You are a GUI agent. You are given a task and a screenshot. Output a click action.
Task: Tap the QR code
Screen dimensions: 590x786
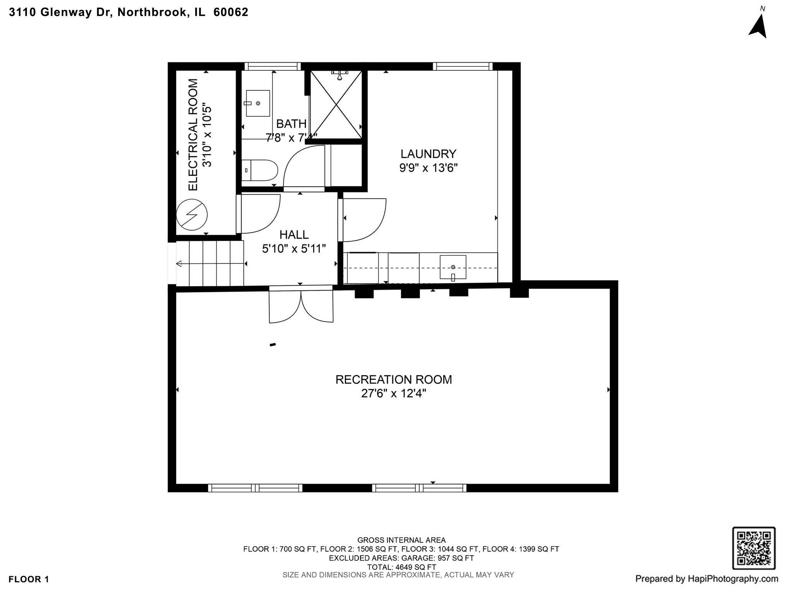[x=754, y=548]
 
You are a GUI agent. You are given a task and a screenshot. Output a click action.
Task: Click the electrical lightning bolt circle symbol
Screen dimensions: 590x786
[x=192, y=215]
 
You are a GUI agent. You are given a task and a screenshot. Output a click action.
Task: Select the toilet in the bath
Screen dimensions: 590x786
[x=260, y=170]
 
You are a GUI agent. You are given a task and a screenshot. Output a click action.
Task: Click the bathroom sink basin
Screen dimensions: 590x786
[x=258, y=103]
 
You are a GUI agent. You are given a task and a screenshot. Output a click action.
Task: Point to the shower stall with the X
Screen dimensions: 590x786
[x=336, y=104]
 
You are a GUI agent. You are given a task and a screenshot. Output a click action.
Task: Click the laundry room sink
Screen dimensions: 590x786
[x=453, y=267]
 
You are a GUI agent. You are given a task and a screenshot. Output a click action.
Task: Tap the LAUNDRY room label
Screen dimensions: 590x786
[x=428, y=154]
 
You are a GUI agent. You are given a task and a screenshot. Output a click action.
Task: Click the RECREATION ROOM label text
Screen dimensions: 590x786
[x=393, y=380]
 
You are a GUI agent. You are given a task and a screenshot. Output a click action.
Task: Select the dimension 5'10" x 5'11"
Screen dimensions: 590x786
[x=294, y=249]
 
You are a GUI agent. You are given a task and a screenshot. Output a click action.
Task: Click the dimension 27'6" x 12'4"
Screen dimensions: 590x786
[x=393, y=394]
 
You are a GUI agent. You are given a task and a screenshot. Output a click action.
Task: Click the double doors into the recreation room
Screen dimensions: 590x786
[x=301, y=305]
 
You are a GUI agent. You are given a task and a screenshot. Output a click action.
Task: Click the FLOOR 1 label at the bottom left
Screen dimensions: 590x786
[x=29, y=579]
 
